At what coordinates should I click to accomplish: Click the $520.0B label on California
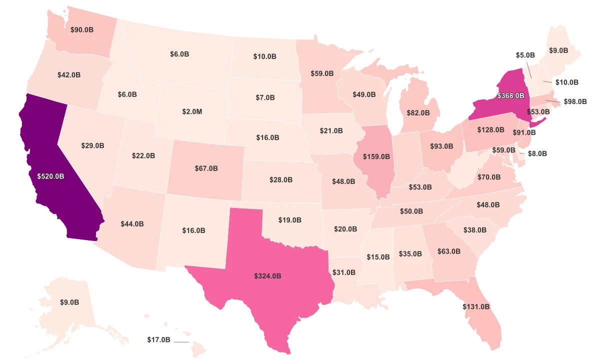click(x=50, y=176)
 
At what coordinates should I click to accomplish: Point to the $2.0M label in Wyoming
click(x=192, y=111)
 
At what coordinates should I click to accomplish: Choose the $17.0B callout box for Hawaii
click(x=159, y=340)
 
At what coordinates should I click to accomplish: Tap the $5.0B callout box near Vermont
click(x=525, y=55)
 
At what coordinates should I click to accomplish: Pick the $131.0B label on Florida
click(x=476, y=307)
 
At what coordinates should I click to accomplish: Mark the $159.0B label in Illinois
click(x=376, y=156)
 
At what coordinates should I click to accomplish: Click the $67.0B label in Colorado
click(x=206, y=168)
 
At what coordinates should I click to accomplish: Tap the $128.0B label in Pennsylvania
click(x=490, y=130)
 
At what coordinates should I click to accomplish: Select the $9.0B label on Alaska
click(x=69, y=302)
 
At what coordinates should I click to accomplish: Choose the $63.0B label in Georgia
click(x=448, y=251)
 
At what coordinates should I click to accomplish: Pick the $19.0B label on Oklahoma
click(x=290, y=220)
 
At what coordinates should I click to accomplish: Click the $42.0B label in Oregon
click(x=69, y=75)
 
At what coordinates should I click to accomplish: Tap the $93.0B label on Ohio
click(x=441, y=147)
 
